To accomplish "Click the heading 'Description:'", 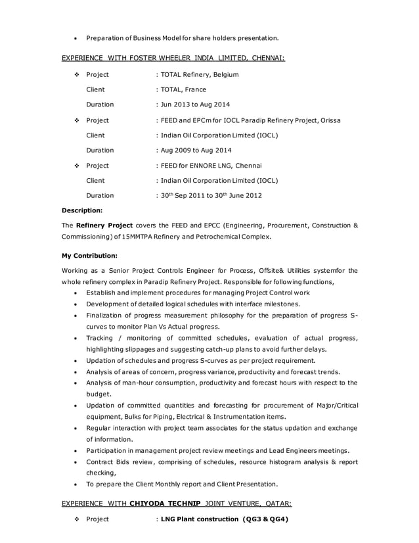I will pos(82,210).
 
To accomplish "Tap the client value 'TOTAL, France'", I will pos(182,89).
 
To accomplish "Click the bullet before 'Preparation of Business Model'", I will pos(77,37).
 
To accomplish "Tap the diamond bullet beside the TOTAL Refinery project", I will pos(77,74).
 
